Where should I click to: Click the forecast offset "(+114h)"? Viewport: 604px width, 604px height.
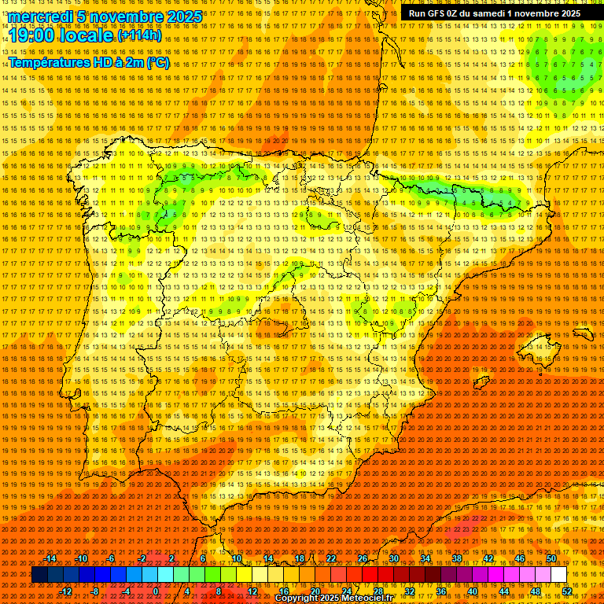pyautogui.click(x=138, y=35)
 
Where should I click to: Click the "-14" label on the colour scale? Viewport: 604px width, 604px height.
pyautogui.click(x=52, y=558)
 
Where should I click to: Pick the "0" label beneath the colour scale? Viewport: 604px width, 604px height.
pyautogui.click(x=156, y=591)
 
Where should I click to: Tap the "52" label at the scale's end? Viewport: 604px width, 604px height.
pyautogui.click(x=566, y=591)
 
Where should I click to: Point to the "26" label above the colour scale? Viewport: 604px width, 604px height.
pyautogui.click(x=363, y=558)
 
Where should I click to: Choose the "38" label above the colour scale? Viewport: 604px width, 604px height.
pyautogui.click(x=456, y=558)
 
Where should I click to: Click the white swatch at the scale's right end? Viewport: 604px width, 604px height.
pyautogui.click(x=558, y=575)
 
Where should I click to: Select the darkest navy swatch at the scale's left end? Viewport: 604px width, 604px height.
pyautogui.click(x=39, y=575)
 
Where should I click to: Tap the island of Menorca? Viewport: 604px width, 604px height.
pyautogui.click(x=583, y=334)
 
